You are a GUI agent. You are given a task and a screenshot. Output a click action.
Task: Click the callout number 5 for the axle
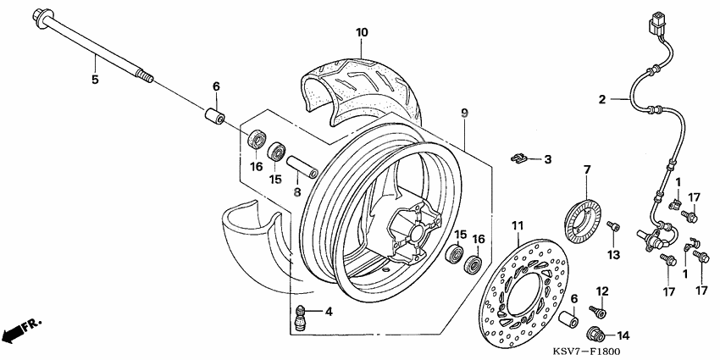tap(95, 80)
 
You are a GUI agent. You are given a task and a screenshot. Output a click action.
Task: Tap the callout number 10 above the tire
tap(362, 32)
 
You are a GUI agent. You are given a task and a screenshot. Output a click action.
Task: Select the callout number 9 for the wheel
tap(464, 113)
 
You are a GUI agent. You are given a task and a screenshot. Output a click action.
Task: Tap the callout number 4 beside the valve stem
tap(329, 312)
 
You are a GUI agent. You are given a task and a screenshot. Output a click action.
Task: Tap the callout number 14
tap(624, 334)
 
